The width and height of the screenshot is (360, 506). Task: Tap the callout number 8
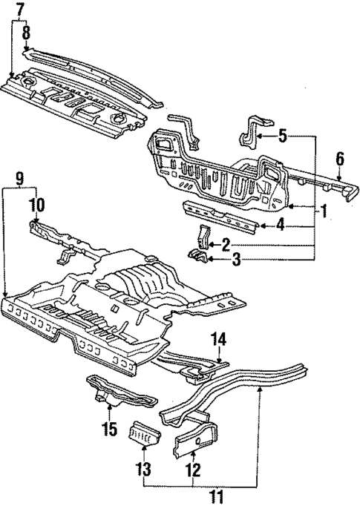click(26, 32)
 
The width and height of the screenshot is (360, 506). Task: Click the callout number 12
click(194, 469)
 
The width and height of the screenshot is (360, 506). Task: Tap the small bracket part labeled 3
click(198, 257)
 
